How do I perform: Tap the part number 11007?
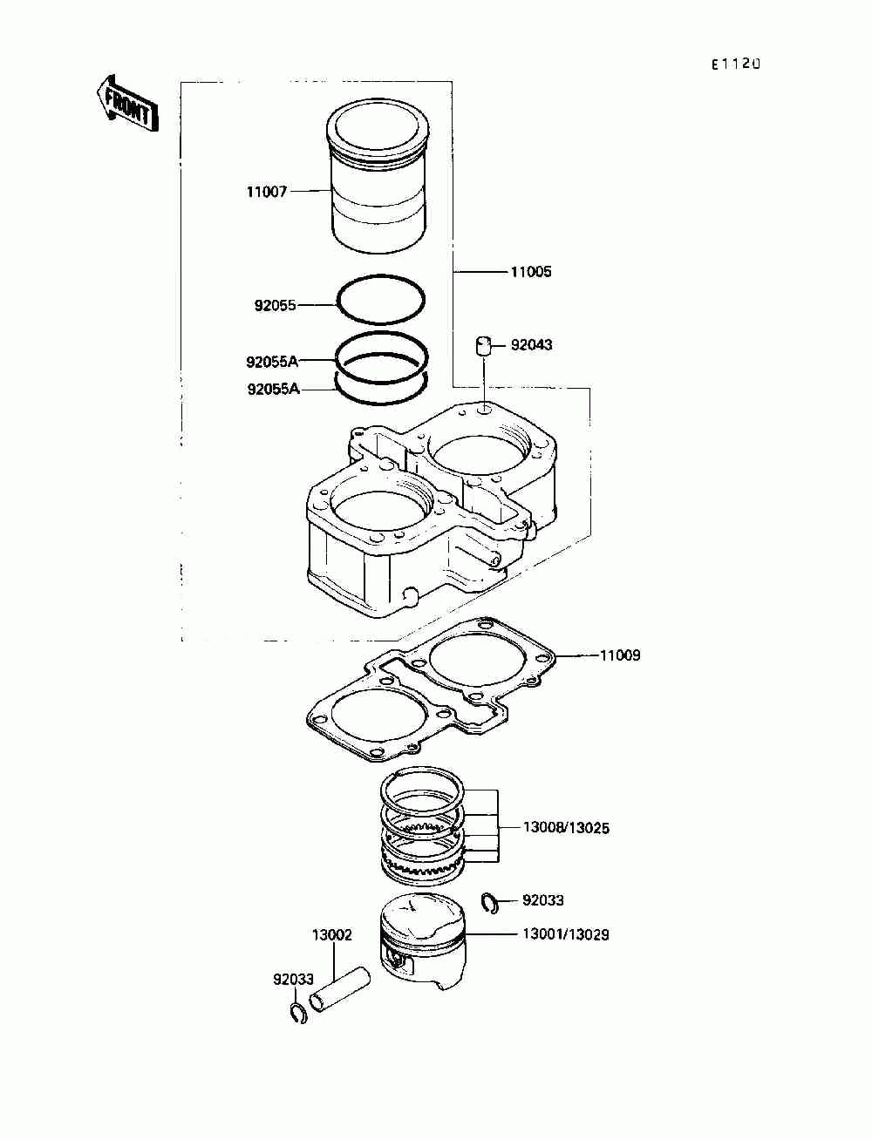(x=266, y=192)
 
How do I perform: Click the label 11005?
(x=530, y=272)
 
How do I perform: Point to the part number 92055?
(x=275, y=306)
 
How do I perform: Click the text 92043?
(x=531, y=345)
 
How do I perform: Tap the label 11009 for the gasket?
(x=619, y=655)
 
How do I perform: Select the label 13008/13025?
(x=566, y=828)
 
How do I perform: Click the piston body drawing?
(x=424, y=946)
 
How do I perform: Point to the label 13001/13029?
(x=566, y=934)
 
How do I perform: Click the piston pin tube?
(x=341, y=989)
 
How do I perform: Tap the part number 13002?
(x=332, y=935)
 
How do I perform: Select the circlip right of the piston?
(x=491, y=903)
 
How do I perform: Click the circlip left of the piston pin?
(x=298, y=1013)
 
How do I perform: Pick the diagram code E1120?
(x=735, y=64)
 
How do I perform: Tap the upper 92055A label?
(x=272, y=362)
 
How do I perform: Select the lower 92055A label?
(x=273, y=390)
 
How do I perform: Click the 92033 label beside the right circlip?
(x=543, y=900)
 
